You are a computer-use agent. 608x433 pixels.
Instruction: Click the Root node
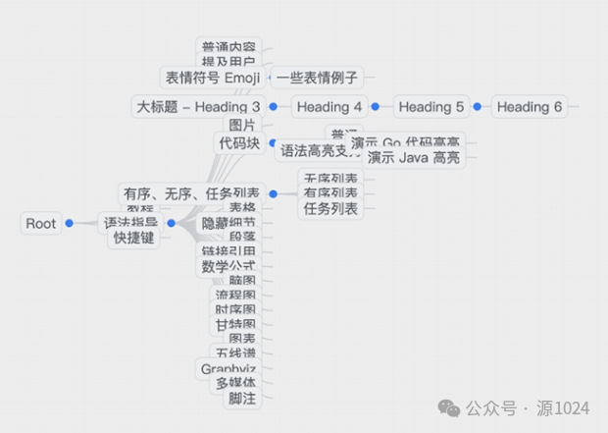pos(41,224)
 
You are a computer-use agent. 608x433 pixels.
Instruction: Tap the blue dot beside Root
pos(70,224)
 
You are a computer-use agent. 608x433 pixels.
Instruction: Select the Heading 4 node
pos(329,106)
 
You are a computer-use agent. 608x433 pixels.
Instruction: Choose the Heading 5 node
pos(431,106)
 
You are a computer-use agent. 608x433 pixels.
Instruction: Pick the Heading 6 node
pos(530,106)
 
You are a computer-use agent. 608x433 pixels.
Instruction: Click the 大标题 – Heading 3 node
pos(197,106)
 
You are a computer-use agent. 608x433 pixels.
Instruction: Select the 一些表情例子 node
pos(316,77)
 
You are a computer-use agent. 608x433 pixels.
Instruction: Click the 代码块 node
pos(239,143)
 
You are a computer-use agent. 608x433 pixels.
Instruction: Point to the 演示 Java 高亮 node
pos(413,157)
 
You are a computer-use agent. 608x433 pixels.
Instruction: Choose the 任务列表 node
pos(330,208)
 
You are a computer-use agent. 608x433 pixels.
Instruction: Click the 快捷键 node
pos(133,238)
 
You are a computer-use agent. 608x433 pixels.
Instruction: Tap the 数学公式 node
pos(228,266)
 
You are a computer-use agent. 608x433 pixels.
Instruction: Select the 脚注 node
pos(241,399)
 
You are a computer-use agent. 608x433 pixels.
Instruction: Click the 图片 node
pos(241,125)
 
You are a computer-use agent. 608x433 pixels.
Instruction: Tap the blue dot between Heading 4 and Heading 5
pos(376,106)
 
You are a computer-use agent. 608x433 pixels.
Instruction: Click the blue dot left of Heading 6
pos(478,106)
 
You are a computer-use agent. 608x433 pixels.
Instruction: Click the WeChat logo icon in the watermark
pos(448,406)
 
